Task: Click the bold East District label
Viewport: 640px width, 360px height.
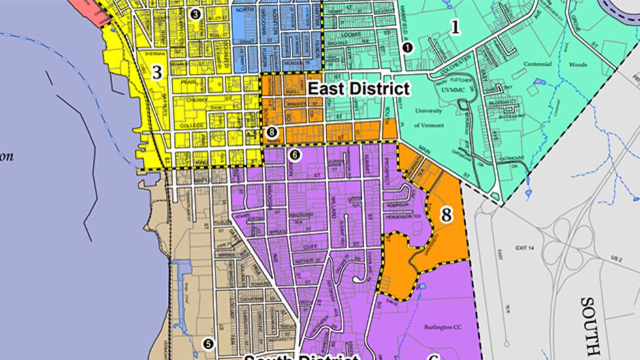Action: [359, 88]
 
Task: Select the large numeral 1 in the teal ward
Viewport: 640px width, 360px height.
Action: [455, 27]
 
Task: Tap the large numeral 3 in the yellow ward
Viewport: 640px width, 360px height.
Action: [157, 73]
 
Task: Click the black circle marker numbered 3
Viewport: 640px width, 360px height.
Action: [194, 13]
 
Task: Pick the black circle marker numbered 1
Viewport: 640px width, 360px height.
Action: [408, 46]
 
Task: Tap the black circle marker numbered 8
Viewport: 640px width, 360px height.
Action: [272, 132]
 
